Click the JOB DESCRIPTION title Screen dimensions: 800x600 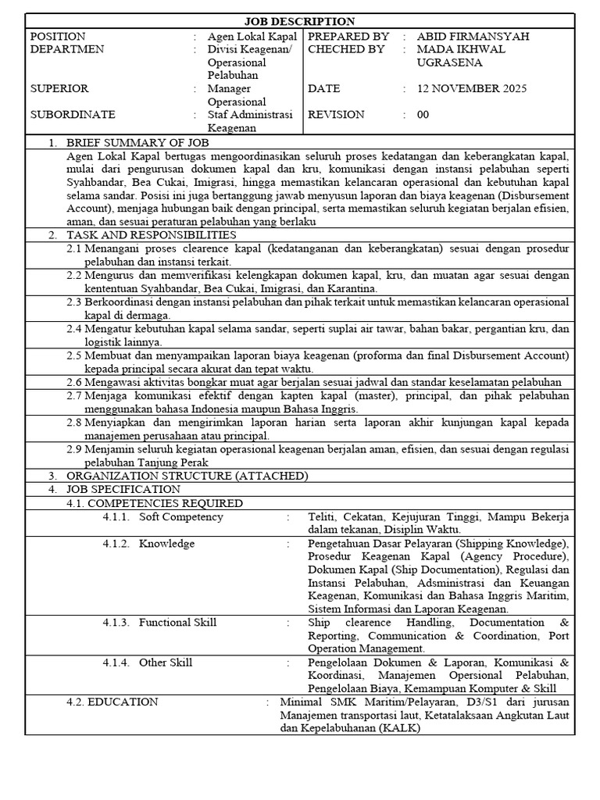click(300, 22)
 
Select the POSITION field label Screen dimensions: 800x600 click(58, 36)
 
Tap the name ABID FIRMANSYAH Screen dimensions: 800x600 click(462, 36)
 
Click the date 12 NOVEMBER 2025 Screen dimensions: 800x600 click(473, 88)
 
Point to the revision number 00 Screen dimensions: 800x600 click(423, 114)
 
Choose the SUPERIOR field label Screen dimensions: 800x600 click(59, 88)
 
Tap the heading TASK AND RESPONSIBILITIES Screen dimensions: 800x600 click(151, 234)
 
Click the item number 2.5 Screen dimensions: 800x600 click(74, 355)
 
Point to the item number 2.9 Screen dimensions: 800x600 click(74, 449)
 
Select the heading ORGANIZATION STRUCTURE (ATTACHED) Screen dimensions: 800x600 click(187, 475)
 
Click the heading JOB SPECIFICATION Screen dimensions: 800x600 click(122, 488)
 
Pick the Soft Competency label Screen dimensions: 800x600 click(180, 516)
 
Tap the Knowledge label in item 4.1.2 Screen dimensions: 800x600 click(166, 543)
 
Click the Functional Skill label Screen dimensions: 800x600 click(177, 622)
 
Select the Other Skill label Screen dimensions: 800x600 click(166, 662)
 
